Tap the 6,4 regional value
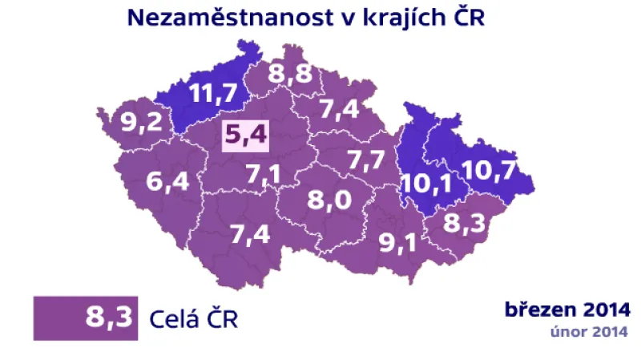click(168, 182)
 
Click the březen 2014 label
click(567, 309)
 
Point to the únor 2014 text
click(588, 330)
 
